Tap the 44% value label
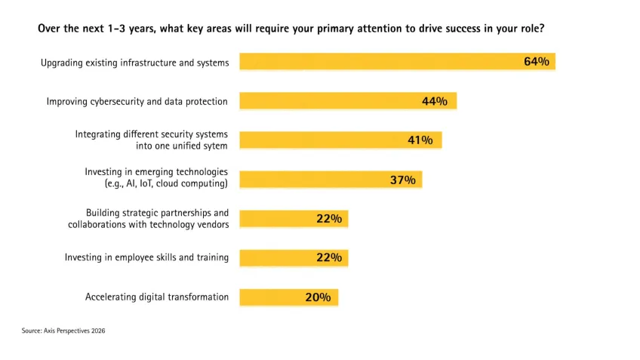click(435, 101)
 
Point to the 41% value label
click(420, 140)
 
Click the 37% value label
click(402, 180)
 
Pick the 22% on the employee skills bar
click(329, 258)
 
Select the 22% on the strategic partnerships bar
click(329, 219)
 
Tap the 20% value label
click(318, 297)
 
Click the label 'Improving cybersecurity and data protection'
click(137, 101)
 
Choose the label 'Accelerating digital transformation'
click(157, 297)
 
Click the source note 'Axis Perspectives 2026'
click(63, 331)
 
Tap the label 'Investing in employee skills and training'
click(146, 258)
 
